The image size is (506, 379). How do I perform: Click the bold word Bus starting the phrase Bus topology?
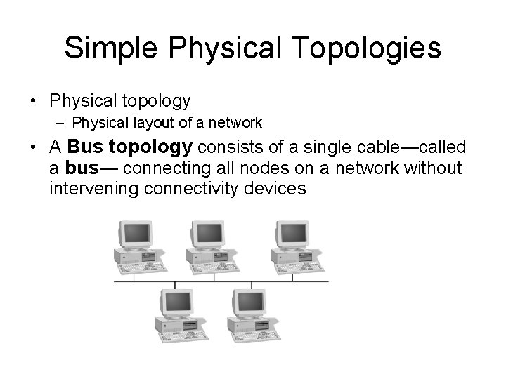point(85,148)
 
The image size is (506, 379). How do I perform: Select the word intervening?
point(95,188)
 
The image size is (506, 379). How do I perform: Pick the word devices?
point(279,188)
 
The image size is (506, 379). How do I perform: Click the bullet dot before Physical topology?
point(34,102)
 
